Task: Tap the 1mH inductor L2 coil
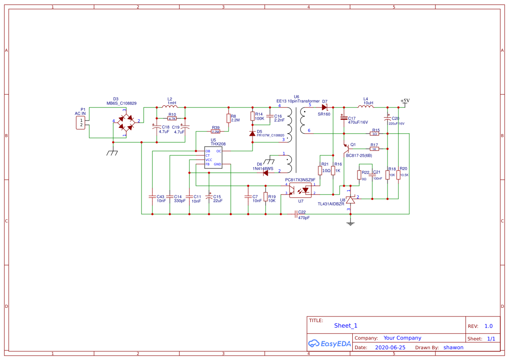(x=169, y=107)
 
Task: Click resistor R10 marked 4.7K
(x=172, y=118)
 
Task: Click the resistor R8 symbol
(x=228, y=118)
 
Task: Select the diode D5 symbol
(x=252, y=134)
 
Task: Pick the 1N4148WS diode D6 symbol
(x=265, y=172)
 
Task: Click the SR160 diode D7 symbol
(x=324, y=107)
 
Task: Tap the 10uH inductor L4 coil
(x=365, y=107)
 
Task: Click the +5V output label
(x=405, y=101)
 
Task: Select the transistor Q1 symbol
(x=347, y=148)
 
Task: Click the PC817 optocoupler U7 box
(x=300, y=190)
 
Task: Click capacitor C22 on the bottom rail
(x=296, y=214)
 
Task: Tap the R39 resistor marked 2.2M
(x=216, y=131)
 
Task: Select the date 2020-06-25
(x=390, y=347)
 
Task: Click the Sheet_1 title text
(x=346, y=325)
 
